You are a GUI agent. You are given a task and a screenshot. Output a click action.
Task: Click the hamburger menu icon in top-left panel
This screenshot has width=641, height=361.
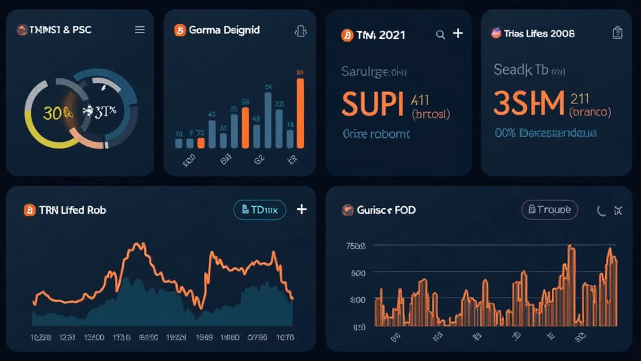pos(140,29)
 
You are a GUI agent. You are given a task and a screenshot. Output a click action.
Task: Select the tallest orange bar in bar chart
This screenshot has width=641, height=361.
pos(300,112)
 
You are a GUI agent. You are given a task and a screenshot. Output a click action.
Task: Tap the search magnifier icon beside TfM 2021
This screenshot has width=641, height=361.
pos(440,34)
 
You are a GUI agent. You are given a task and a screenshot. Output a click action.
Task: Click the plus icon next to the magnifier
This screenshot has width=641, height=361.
pos(458,33)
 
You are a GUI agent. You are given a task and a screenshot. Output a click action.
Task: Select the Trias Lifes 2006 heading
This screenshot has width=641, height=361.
pos(539,33)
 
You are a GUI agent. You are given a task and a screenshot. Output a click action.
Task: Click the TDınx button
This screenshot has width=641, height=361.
pos(259,210)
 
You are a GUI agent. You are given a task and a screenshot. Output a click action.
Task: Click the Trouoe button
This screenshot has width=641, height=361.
pos(549,210)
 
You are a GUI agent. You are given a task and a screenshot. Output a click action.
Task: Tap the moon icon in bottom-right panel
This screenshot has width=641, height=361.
pos(601,211)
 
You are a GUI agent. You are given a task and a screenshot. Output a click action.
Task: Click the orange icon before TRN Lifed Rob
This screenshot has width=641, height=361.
pos(29,210)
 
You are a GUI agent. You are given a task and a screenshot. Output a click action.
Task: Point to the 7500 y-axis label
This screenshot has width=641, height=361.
pos(355,246)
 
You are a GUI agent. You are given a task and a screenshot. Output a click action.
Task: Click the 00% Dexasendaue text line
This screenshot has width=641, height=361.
pos(545,133)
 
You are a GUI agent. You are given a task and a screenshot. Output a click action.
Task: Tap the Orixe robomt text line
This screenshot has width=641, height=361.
pos(376,133)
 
